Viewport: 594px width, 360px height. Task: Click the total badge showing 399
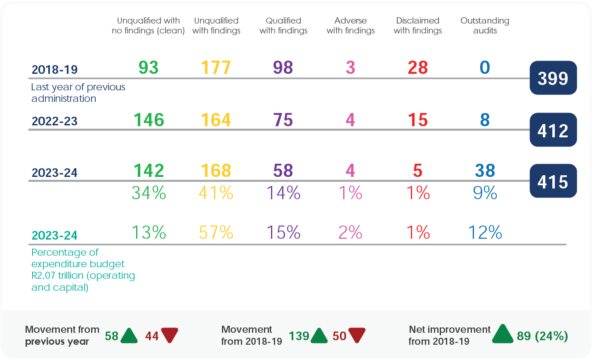[553, 78]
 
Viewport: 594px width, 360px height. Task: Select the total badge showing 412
[553, 130]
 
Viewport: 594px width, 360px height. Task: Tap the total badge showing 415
[553, 181]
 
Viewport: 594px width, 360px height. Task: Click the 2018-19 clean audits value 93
[148, 68]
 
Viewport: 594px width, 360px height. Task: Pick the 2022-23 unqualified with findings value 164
[216, 120]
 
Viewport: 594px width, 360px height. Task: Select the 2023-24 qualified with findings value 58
[283, 171]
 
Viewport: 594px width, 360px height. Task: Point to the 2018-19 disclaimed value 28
[417, 68]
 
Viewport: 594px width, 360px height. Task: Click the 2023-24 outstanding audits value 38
[485, 171]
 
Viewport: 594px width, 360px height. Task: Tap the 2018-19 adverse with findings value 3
[350, 68]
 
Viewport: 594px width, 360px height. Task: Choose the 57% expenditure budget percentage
[216, 233]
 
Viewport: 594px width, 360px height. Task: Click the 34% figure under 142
[148, 193]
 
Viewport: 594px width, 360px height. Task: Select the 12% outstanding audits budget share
[485, 233]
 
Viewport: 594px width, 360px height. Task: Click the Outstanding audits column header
[485, 26]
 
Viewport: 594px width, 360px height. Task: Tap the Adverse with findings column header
[350, 26]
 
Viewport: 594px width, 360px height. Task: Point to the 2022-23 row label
[54, 121]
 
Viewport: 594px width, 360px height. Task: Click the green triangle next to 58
[130, 336]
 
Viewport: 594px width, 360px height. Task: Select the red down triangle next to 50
[357, 335]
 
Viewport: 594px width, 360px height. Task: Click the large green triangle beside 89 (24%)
[502, 334]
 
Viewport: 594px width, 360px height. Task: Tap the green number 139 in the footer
[299, 336]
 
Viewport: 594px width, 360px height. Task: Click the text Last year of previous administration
[78, 93]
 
